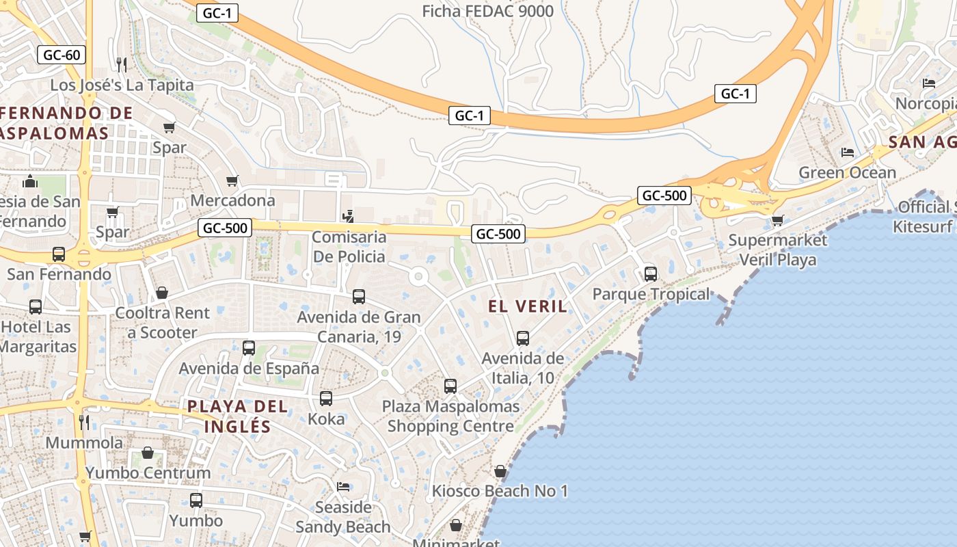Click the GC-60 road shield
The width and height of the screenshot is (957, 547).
coord(62,55)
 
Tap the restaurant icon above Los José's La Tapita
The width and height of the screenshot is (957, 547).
coord(122,65)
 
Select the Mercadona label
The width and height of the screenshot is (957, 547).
coord(232,200)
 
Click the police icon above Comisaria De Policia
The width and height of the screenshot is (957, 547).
coord(349,217)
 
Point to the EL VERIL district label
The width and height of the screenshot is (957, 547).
coord(528,306)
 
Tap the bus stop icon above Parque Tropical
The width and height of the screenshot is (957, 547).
coord(651,274)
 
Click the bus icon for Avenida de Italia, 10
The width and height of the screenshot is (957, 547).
coord(523,338)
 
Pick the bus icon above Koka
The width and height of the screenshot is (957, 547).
coord(326,398)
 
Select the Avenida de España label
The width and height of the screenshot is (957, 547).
coord(249,369)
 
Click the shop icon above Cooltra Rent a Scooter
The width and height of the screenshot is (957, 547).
coord(162,293)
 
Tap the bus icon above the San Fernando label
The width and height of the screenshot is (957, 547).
coord(59,254)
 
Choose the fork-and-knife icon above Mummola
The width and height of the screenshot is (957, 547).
coord(84,422)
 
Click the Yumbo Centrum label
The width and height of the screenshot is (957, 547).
coord(148,472)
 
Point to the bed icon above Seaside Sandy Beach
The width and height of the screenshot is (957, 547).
coord(343,486)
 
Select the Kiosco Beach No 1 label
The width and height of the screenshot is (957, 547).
coord(500,491)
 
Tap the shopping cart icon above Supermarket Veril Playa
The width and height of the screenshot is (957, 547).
coord(777,220)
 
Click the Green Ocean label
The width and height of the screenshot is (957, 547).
coord(847,172)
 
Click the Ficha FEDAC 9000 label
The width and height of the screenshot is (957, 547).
coord(487,11)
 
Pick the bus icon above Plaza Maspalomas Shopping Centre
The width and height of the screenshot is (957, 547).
coord(450,386)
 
